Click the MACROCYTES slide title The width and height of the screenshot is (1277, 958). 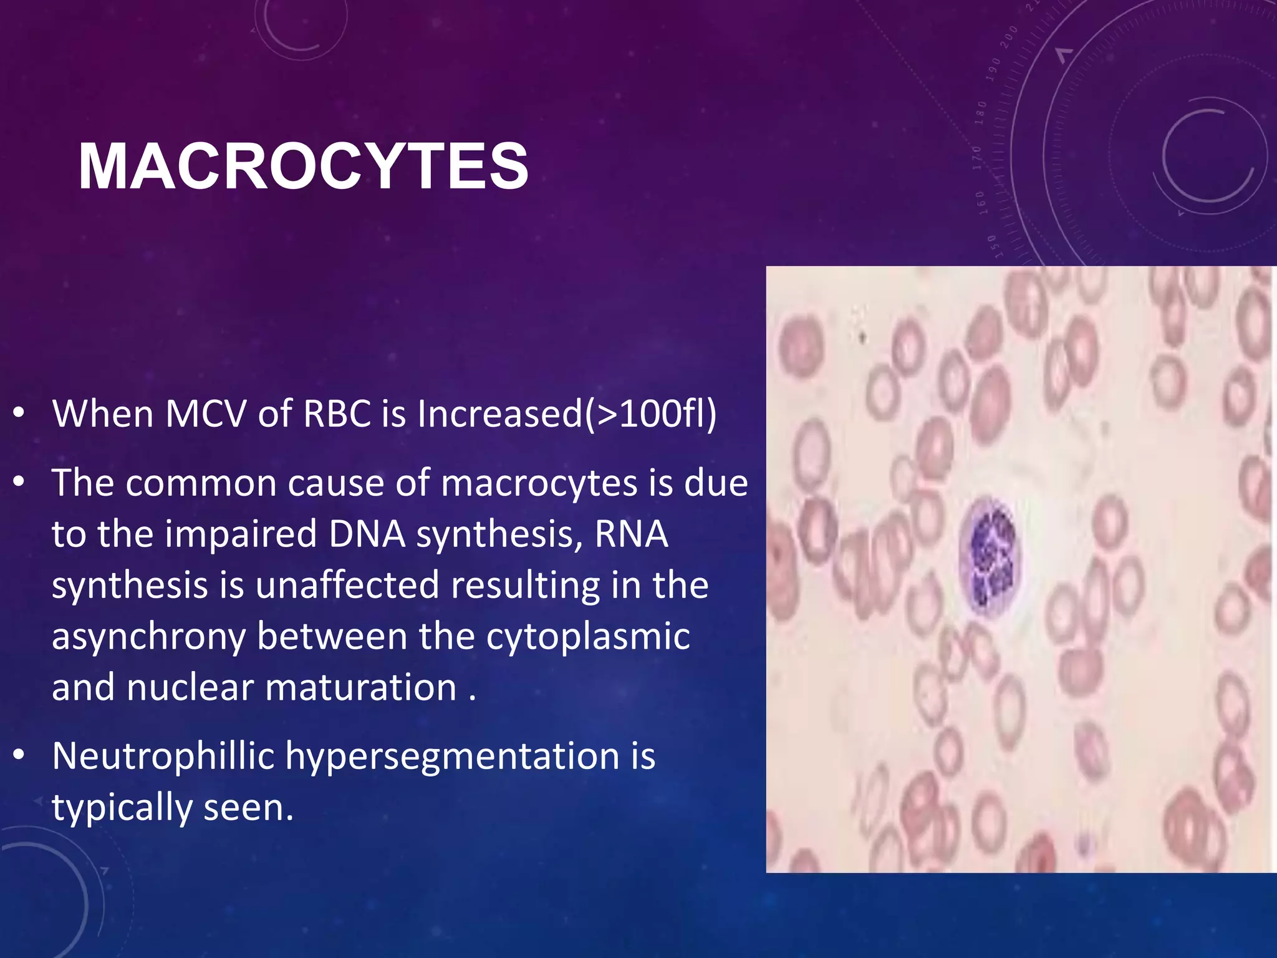pyautogui.click(x=304, y=167)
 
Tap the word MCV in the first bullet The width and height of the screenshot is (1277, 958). pyautogui.click(x=205, y=414)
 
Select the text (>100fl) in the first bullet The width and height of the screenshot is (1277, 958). pyautogui.click(x=650, y=414)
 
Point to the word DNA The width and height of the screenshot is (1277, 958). pyautogui.click(x=367, y=535)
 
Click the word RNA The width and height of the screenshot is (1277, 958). pyautogui.click(x=631, y=535)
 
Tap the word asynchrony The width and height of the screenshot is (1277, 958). pyautogui.click(x=148, y=637)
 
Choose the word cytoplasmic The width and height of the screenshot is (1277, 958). pyautogui.click(x=588, y=637)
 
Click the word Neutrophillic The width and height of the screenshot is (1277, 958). pyautogui.click(x=163, y=756)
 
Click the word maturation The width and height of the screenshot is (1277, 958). pyautogui.click(x=361, y=688)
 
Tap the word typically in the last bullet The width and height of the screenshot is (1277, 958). pyautogui.click(x=122, y=808)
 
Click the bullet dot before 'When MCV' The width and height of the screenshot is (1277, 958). pyautogui.click(x=19, y=414)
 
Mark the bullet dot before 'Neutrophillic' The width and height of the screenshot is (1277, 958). pyautogui.click(x=19, y=757)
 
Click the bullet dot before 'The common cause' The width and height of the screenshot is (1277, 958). pyautogui.click(x=19, y=483)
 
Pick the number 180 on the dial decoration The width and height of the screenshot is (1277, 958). pyautogui.click(x=981, y=113)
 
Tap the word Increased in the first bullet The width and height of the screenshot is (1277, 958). pyautogui.click(x=499, y=414)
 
